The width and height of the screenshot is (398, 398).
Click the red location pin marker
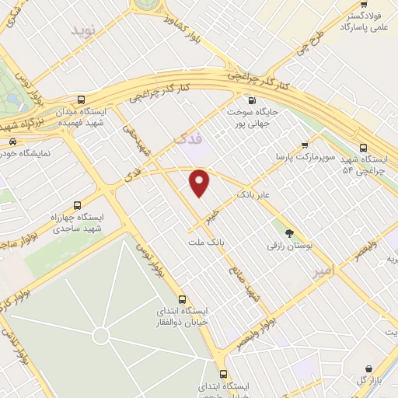(x=200, y=183)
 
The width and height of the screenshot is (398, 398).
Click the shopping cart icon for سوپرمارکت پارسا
(x=304, y=144)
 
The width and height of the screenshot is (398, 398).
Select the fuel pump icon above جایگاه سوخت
(x=251, y=99)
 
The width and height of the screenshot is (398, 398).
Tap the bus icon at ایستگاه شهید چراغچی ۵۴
(x=364, y=148)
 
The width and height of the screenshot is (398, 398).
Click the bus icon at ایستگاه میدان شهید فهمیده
(x=82, y=99)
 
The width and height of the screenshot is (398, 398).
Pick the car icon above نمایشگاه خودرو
(x=13, y=141)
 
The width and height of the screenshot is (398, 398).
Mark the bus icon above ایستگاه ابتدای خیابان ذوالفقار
(x=183, y=298)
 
